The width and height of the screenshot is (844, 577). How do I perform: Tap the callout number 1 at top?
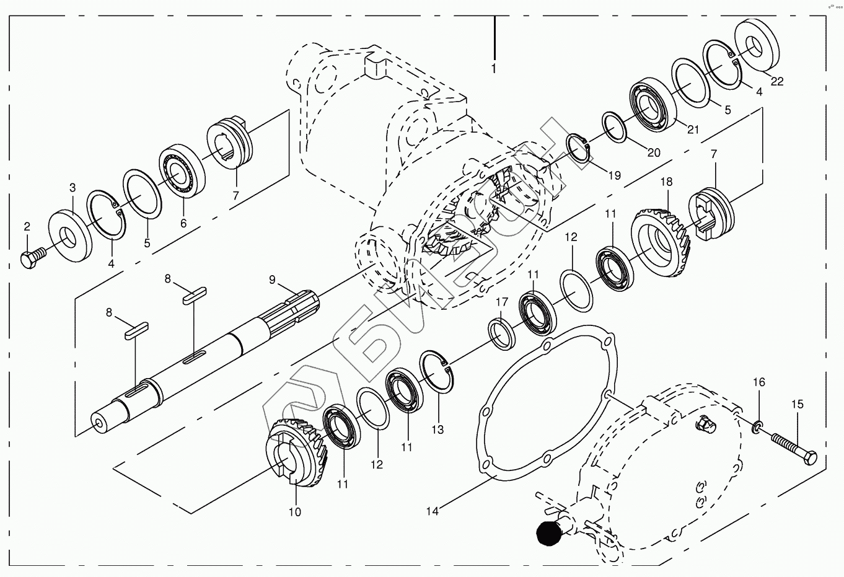click(494, 69)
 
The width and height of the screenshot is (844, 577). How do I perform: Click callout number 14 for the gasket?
click(433, 511)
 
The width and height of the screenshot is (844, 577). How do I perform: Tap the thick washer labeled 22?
click(757, 46)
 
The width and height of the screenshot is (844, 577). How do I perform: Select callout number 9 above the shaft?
click(271, 280)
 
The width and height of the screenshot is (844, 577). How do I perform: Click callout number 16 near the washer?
click(759, 382)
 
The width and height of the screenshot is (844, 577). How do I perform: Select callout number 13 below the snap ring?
click(437, 429)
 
